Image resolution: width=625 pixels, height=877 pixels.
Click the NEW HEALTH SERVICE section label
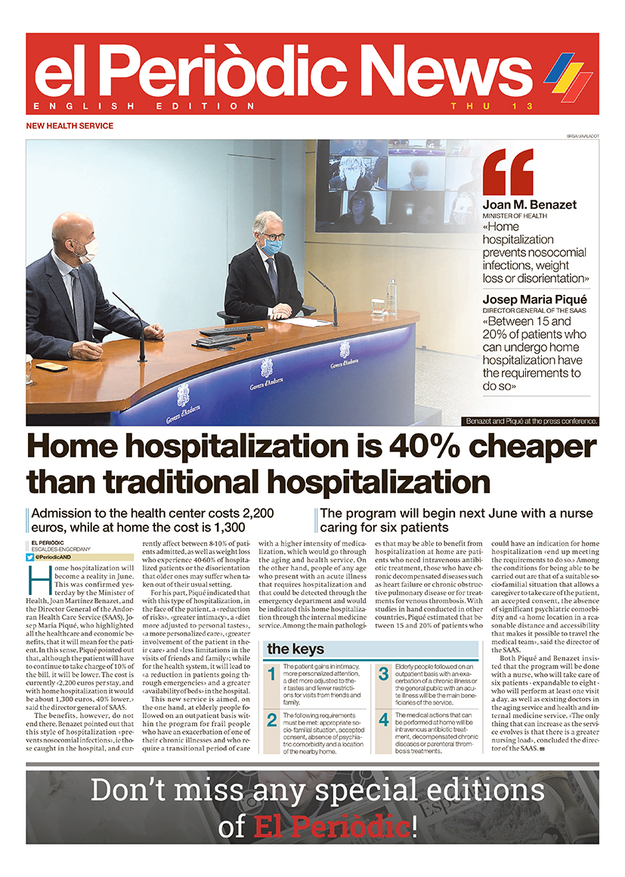pyautogui.click(x=70, y=126)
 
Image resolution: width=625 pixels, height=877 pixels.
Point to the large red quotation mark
pyautogui.click(x=509, y=172)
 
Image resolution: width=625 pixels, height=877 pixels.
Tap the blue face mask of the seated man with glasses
pyautogui.click(x=274, y=246)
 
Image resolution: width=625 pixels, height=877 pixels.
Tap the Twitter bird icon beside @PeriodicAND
pyautogui.click(x=30, y=557)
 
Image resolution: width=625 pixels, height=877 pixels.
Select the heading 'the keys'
pyautogui.click(x=295, y=649)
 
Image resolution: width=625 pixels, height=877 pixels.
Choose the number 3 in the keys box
pyautogui.click(x=383, y=674)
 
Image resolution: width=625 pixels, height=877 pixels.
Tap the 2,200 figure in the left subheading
pyautogui.click(x=248, y=513)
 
